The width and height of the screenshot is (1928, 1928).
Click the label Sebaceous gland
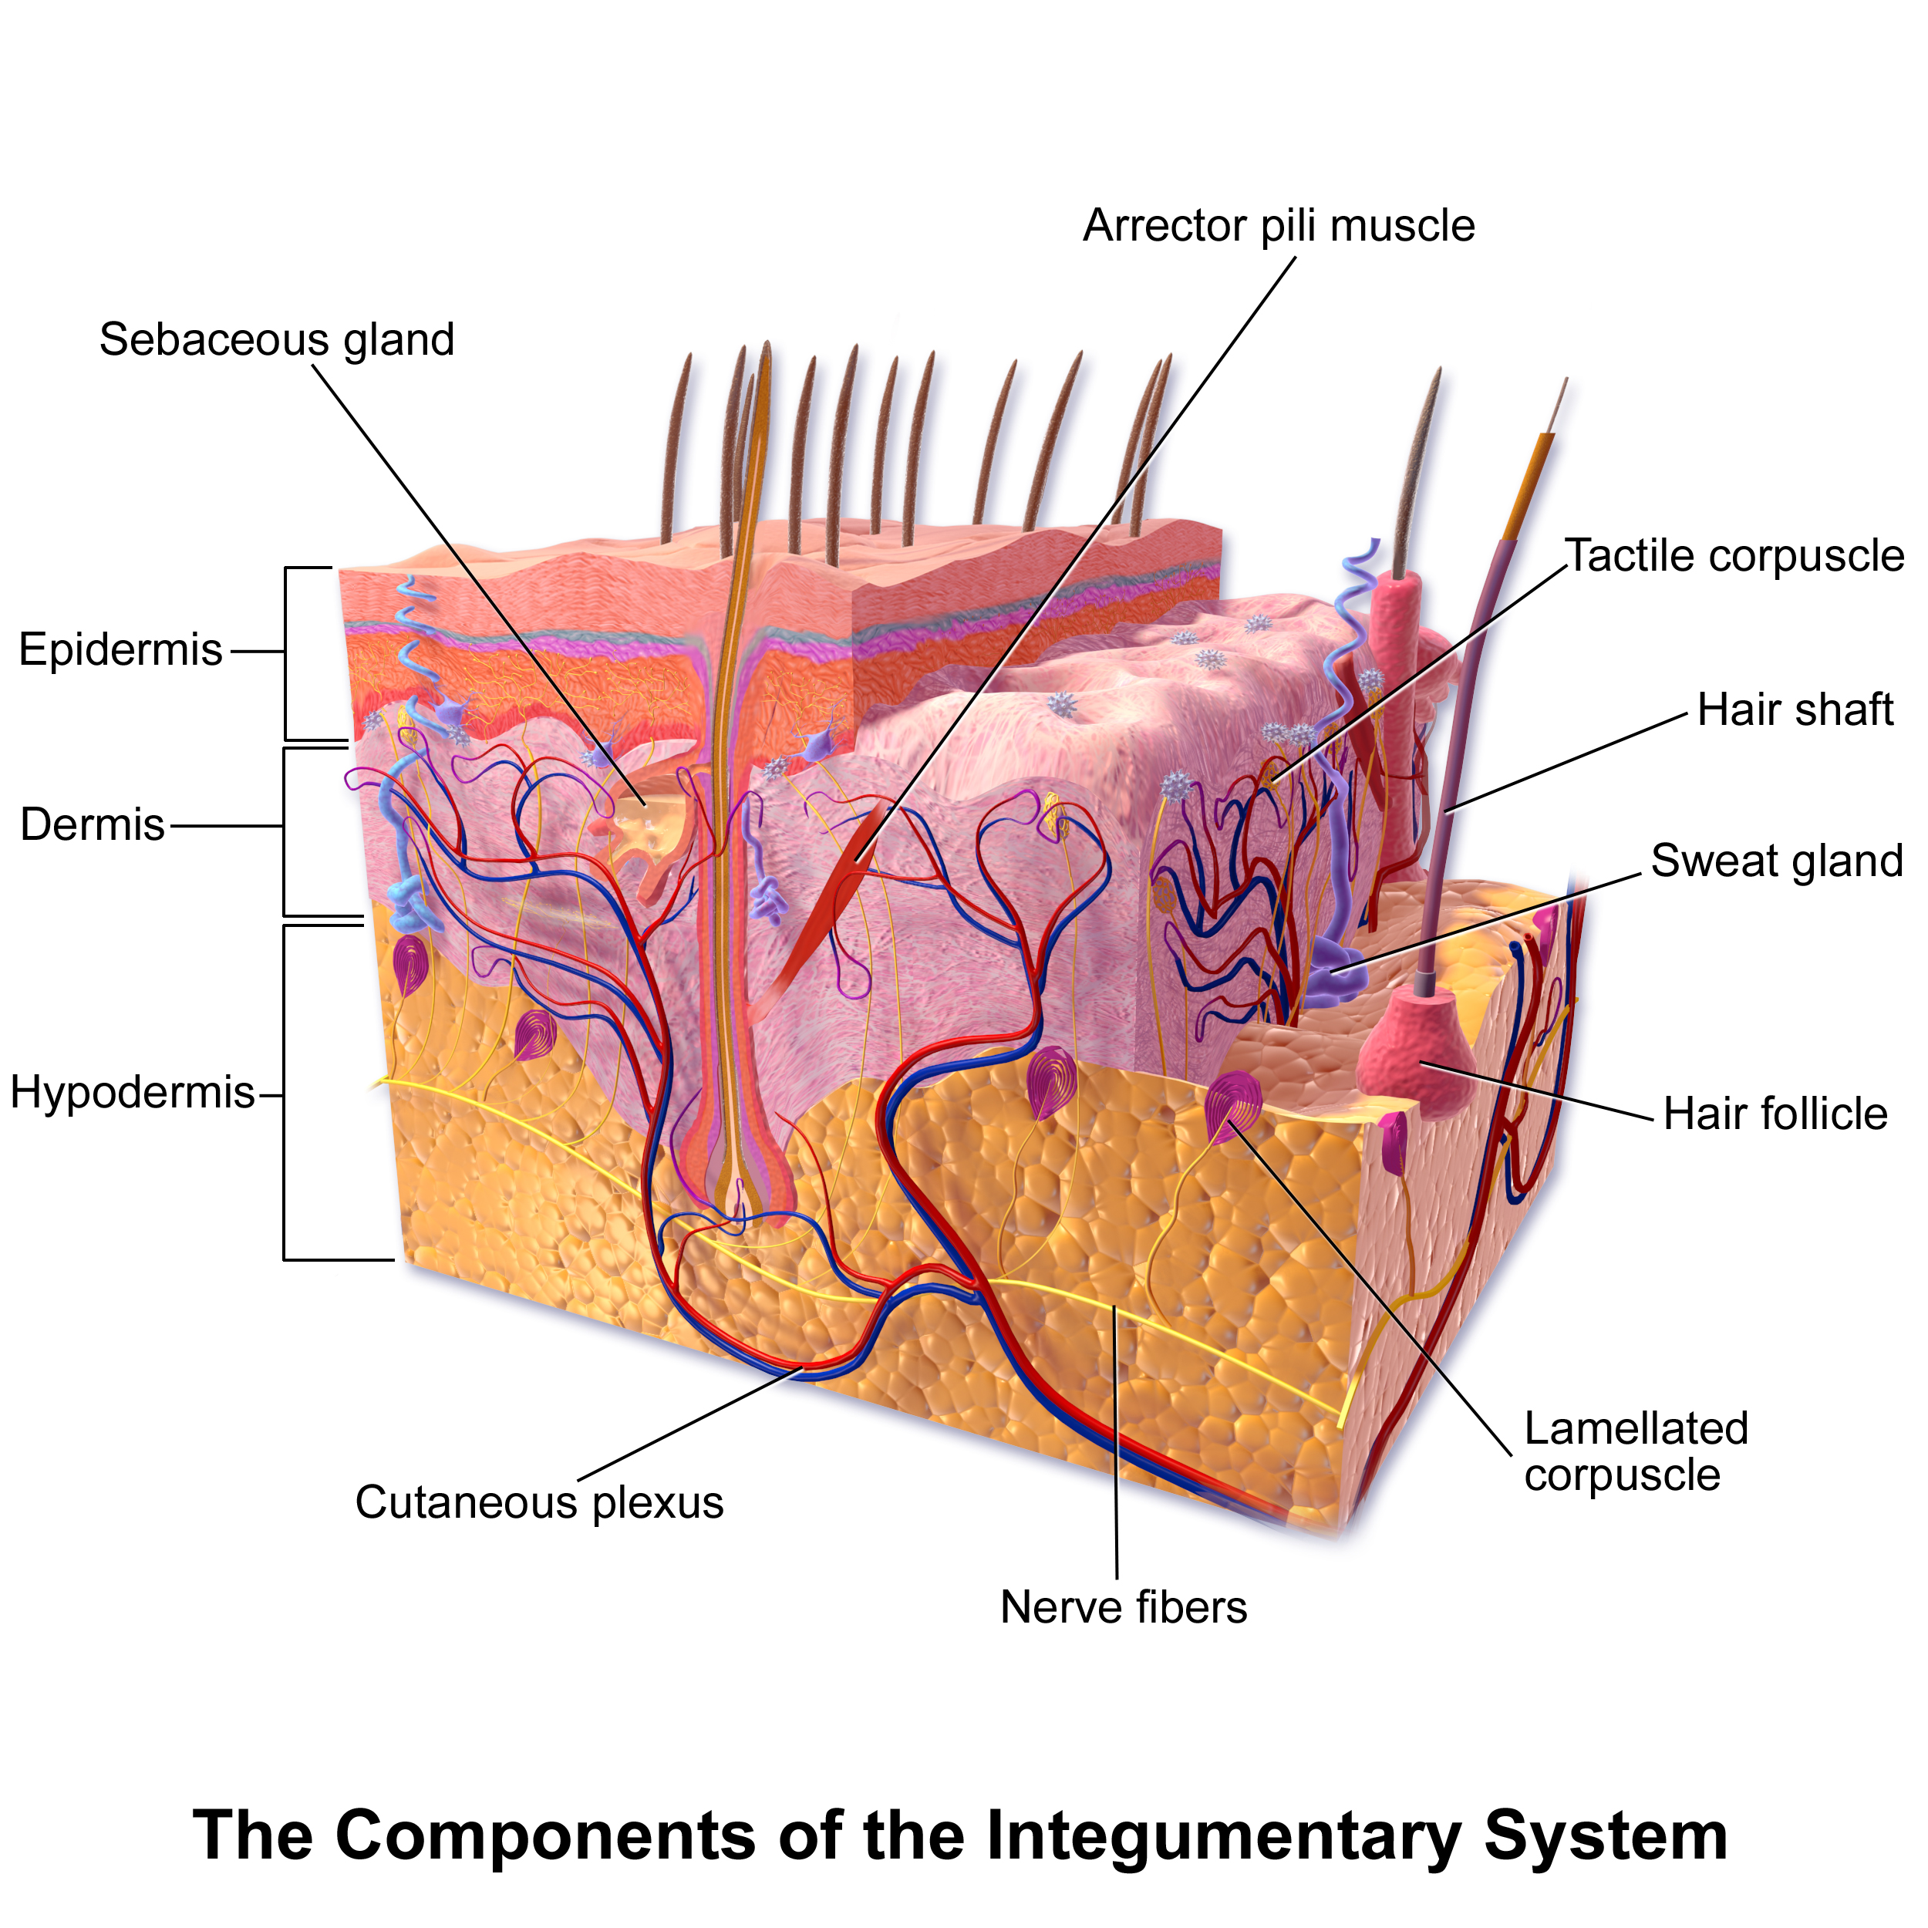pyautogui.click(x=276, y=340)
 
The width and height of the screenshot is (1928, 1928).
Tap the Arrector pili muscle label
pyautogui.click(x=1279, y=227)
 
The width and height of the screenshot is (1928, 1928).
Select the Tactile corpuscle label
pyautogui.click(x=1734, y=556)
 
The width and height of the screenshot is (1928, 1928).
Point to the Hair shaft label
pyautogui.click(x=1795, y=710)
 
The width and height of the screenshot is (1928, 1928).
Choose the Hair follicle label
pyautogui.click(x=1775, y=1114)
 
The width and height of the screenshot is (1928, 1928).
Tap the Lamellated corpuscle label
pyautogui.click(x=1636, y=1452)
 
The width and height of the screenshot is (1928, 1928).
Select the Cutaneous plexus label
pyautogui.click(x=539, y=1503)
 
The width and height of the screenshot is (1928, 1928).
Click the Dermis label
pyautogui.click(x=93, y=825)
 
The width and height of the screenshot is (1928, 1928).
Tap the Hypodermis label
pyautogui.click(x=133, y=1094)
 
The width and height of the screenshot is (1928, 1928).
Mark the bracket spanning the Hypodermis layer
pyautogui.click(x=285, y=1094)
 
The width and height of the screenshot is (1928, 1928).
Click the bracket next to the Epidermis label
pyautogui.click(x=286, y=654)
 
